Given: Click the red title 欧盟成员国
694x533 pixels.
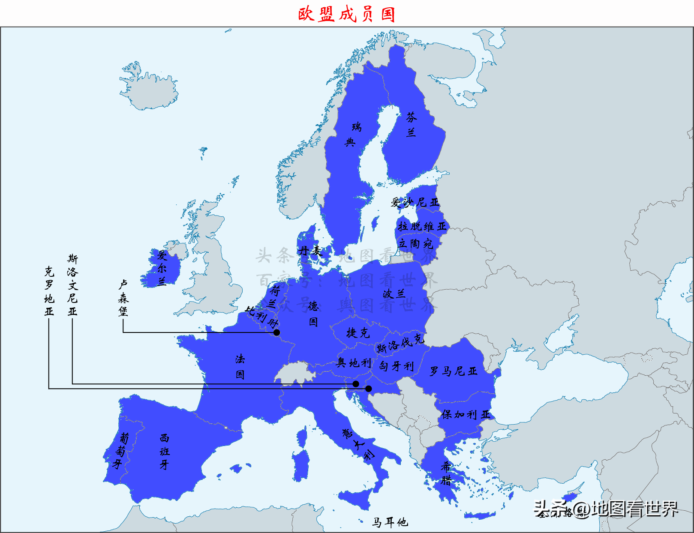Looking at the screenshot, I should tap(346, 14).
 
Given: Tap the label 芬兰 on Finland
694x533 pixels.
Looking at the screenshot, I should tap(412, 124).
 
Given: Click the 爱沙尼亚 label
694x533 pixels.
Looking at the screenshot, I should tap(415, 202).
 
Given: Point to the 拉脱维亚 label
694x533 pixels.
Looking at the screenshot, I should tap(422, 226).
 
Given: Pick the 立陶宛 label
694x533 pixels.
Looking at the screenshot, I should tap(415, 244).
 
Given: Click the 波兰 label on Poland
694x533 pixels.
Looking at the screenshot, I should tap(394, 293).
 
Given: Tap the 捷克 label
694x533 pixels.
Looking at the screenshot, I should tap(358, 332).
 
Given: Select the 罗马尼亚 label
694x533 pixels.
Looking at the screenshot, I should tap(453, 371).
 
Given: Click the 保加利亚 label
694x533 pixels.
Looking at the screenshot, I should tap(465, 414).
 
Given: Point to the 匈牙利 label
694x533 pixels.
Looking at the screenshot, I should tap(397, 366).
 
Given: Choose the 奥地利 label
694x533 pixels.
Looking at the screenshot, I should tap(354, 363).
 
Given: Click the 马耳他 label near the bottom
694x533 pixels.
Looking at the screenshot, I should tap(390, 522).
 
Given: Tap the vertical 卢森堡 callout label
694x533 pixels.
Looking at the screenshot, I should tap(123, 298).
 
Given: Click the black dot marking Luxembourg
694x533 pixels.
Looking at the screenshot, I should tap(277, 332).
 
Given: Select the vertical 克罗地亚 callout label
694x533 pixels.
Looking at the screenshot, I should tap(49, 291).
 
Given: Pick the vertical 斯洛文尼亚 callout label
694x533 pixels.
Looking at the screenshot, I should tap(72, 285).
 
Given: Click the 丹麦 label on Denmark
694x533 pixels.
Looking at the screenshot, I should tap(310, 251).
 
